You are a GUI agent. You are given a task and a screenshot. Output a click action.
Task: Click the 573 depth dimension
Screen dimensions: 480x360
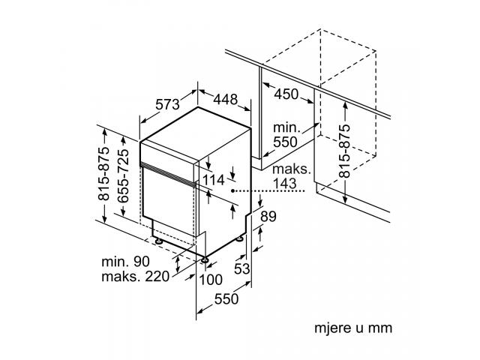tap(167, 104)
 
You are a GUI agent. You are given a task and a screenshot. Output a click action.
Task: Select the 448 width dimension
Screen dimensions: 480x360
tap(225, 99)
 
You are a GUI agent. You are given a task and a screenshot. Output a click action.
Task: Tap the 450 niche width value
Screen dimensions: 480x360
tap(286, 94)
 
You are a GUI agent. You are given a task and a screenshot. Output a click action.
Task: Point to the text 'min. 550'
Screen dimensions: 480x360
tap(285, 135)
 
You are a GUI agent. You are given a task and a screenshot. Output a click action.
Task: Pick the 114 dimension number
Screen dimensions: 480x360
tap(214, 180)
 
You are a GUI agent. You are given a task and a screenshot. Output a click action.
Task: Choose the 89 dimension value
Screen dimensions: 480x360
tap(268, 217)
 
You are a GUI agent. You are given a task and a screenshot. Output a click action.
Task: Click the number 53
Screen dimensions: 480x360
tap(241, 268)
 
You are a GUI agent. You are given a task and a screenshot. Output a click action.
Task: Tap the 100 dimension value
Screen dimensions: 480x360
tap(211, 280)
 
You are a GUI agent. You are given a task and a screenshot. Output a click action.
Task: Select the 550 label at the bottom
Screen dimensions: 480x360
tap(226, 298)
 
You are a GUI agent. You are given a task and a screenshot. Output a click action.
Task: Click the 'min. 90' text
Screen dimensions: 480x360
tap(125, 262)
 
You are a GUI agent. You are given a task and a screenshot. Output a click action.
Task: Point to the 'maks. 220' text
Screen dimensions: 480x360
tap(135, 277)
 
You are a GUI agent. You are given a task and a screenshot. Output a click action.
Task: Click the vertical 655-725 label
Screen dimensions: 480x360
tap(123, 175)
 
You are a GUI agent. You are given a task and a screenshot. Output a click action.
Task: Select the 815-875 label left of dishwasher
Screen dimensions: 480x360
tap(103, 173)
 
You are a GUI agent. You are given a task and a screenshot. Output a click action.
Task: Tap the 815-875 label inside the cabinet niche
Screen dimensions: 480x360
tap(344, 151)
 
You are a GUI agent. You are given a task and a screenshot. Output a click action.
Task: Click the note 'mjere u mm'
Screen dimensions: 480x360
tap(353, 328)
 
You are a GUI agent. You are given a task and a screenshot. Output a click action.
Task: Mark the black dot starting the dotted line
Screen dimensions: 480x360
tap(233, 190)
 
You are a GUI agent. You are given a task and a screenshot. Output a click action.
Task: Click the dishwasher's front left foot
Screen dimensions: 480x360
tap(158, 241)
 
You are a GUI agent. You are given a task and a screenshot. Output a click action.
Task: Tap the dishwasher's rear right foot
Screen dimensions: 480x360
tap(240, 238)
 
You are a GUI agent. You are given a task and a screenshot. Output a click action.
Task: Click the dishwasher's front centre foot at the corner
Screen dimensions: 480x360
tap(204, 260)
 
